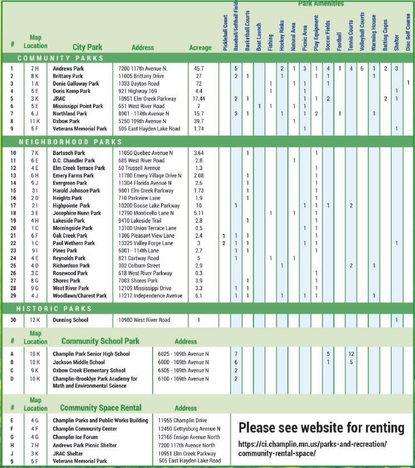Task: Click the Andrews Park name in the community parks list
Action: pyautogui.click(x=68, y=69)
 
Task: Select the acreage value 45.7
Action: pyautogui.click(x=199, y=69)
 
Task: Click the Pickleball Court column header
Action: pyautogui.click(x=225, y=33)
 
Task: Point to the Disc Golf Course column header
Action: pyautogui.click(x=408, y=33)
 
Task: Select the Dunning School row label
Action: pyautogui.click(x=70, y=320)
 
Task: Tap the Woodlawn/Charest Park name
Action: pyautogui.click(x=80, y=296)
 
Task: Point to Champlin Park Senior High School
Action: pyautogui.click(x=91, y=354)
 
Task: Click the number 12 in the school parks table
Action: pyautogui.click(x=351, y=354)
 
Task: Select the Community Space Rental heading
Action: pyautogui.click(x=100, y=408)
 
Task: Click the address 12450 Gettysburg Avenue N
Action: pyautogui.click(x=189, y=428)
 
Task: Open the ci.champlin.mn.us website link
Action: pyautogui.click(x=313, y=447)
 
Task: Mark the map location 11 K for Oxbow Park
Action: pyautogui.click(x=35, y=121)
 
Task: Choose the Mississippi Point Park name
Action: pyautogui.click(x=78, y=106)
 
